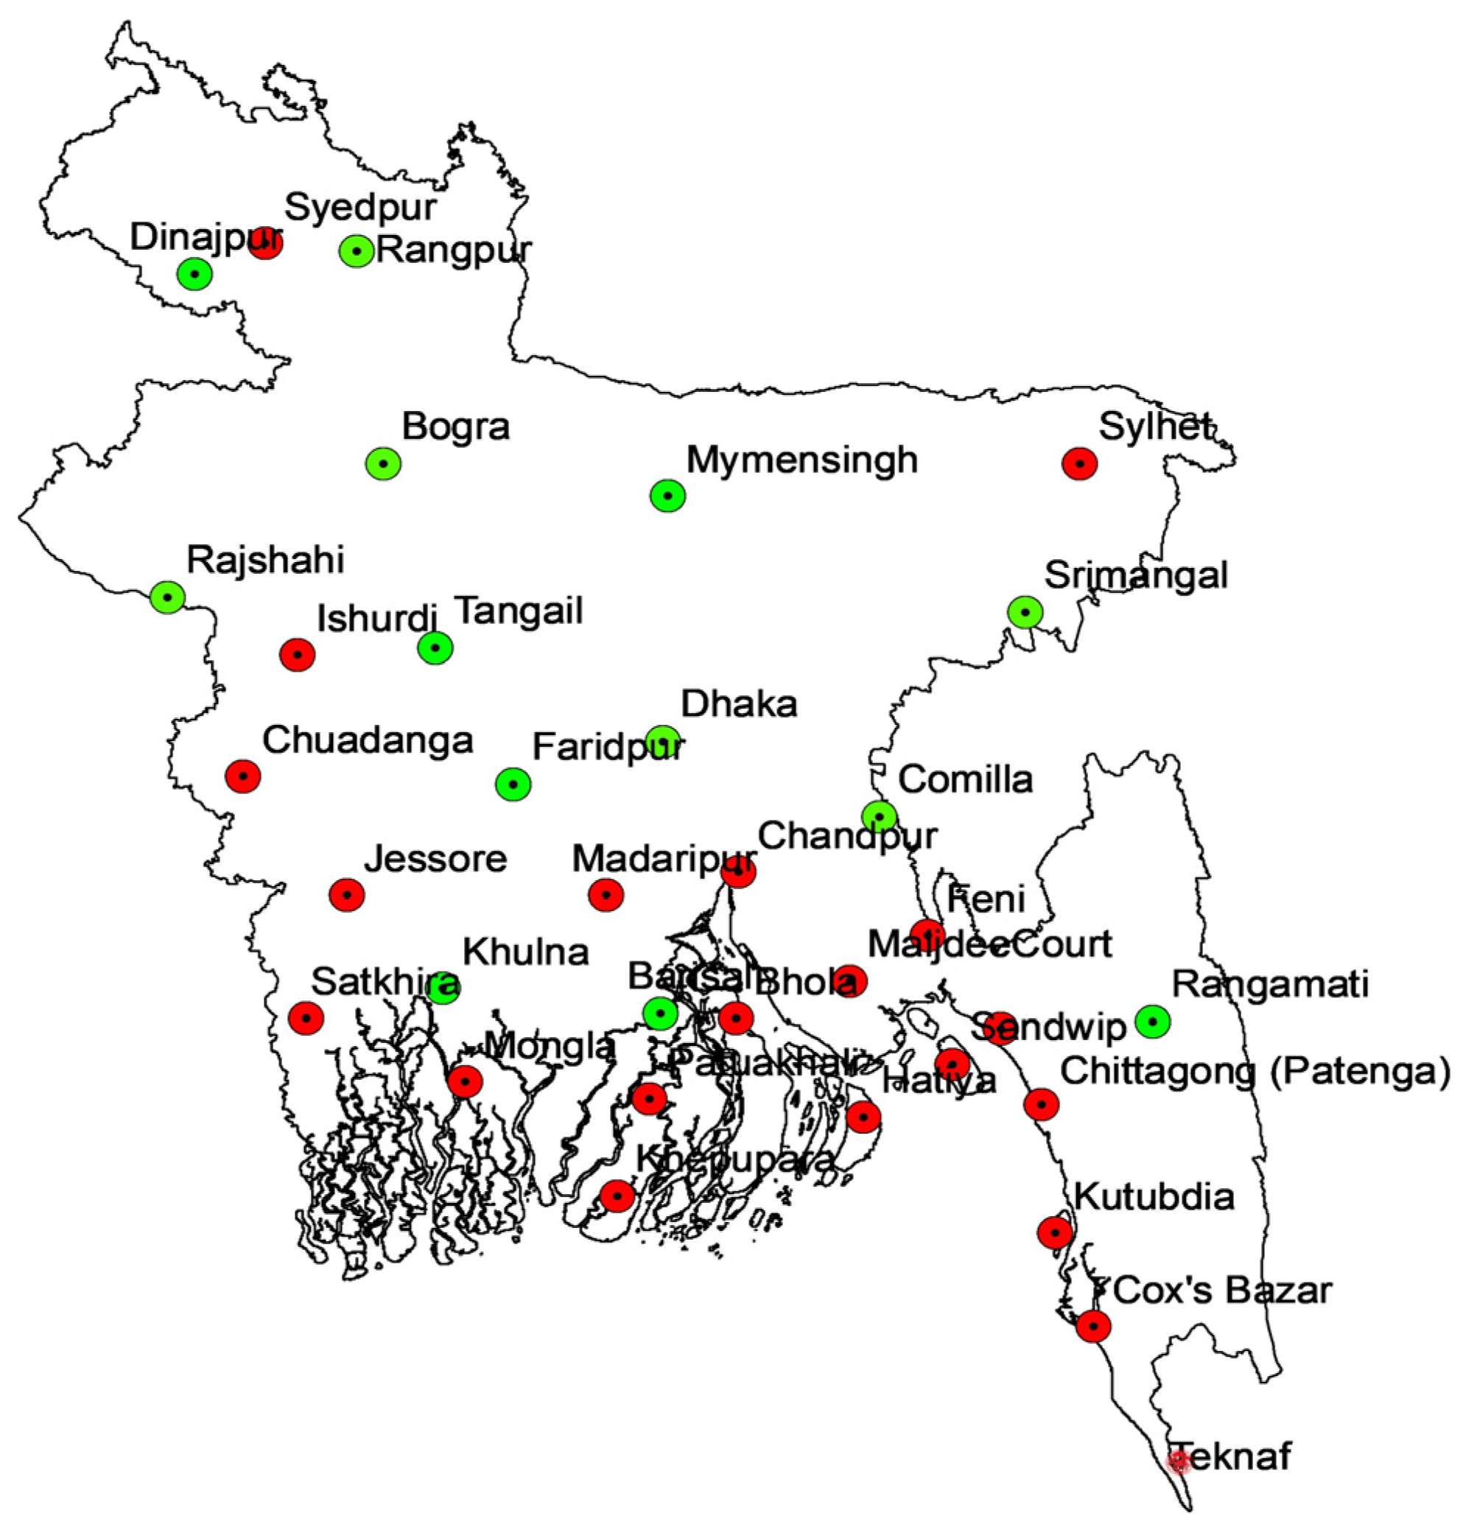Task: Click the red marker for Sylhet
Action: click(1079, 463)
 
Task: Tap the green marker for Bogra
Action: click(383, 463)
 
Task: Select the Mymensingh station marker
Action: click(667, 496)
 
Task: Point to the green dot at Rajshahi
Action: click(167, 597)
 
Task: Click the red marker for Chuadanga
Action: click(243, 776)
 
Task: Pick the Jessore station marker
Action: click(347, 895)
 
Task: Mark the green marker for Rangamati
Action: click(1152, 1021)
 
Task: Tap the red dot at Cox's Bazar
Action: click(1094, 1325)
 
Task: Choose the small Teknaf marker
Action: click(1179, 1461)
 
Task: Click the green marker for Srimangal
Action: click(1025, 611)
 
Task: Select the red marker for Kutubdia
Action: click(1055, 1232)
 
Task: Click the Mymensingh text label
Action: click(801, 460)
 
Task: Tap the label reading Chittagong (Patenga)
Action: click(1255, 1071)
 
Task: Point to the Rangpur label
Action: click(455, 251)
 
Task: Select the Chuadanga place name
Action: click(368, 740)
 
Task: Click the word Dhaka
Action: click(739, 704)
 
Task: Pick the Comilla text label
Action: click(965, 779)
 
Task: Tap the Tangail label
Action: click(519, 611)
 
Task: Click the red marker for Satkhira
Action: click(306, 1017)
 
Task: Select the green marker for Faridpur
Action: click(513, 784)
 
